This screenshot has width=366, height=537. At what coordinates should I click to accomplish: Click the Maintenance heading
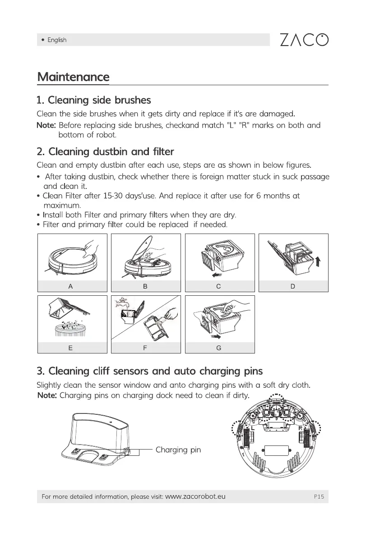(73, 77)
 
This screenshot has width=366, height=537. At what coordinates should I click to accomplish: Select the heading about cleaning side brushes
(93, 100)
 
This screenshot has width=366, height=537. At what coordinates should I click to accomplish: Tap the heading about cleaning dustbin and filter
(105, 151)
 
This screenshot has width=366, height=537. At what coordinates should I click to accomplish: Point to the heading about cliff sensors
(149, 371)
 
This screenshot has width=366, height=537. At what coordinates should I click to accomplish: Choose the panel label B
(145, 286)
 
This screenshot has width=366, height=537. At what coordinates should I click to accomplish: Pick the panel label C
(218, 286)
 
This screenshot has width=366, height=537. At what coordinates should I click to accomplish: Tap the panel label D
(292, 286)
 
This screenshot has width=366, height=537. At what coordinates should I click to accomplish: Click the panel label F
(145, 348)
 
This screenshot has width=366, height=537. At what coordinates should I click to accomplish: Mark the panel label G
(218, 348)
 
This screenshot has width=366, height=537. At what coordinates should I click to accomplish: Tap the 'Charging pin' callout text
(178, 450)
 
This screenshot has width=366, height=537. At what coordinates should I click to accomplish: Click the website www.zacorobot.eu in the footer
(195, 497)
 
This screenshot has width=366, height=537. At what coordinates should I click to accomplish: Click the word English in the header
(57, 40)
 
